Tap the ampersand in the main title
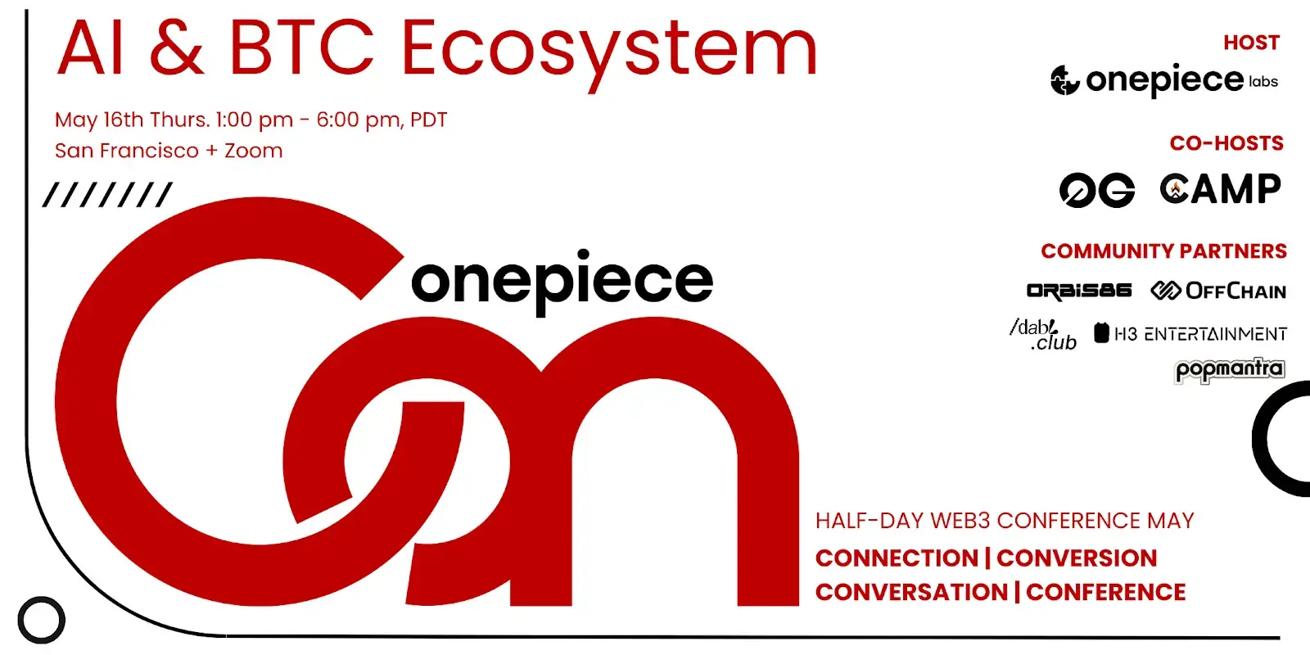[x=177, y=49]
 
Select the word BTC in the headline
[x=300, y=49]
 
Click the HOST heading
[x=1251, y=43]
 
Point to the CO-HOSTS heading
[x=1226, y=143]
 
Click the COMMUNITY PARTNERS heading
[x=1163, y=251]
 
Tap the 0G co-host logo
[x=1096, y=190]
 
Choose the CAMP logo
[x=1220, y=189]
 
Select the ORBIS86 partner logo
[x=1078, y=291]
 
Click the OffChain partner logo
[x=1218, y=291]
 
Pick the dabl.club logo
[x=1044, y=334]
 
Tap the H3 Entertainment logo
[x=1190, y=333]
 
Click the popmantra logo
[x=1229, y=370]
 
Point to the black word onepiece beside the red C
[x=562, y=281]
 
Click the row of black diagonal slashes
[x=107, y=195]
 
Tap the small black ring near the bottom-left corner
[x=41, y=620]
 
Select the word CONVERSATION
[x=911, y=592]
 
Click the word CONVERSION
[x=1077, y=558]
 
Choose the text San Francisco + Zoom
[x=169, y=151]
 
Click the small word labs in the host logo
[x=1263, y=82]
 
